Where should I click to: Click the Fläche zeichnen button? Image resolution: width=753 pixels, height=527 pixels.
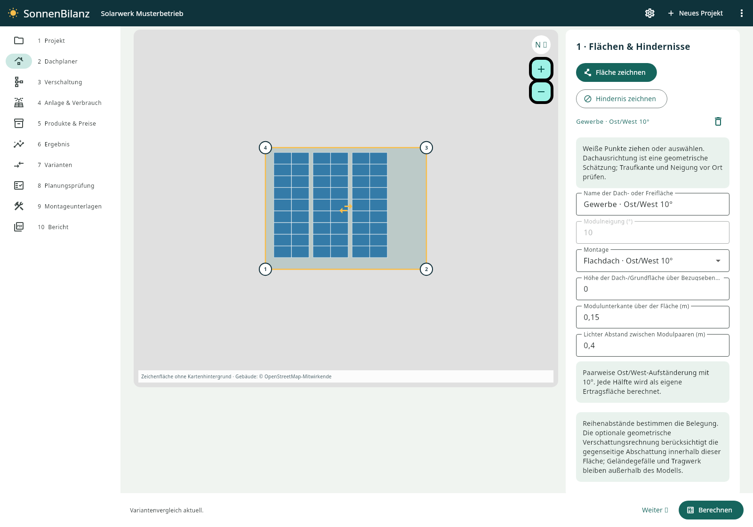point(616,72)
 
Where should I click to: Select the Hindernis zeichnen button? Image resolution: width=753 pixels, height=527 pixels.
point(621,99)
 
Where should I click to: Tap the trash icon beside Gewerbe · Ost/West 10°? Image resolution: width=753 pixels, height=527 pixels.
point(718,121)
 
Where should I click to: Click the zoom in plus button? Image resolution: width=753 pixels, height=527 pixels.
point(541,69)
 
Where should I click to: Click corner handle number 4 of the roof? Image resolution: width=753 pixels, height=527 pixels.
point(265,148)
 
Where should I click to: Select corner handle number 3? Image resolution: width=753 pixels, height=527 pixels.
point(426,148)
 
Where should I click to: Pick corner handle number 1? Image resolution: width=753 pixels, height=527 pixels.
point(265,269)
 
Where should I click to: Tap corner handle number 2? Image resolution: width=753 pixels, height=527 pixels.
point(426,269)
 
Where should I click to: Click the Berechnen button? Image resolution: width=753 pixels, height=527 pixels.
point(711,510)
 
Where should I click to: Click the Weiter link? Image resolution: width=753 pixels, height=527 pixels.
point(655,510)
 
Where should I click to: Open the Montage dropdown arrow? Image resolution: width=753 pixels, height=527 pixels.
point(718,261)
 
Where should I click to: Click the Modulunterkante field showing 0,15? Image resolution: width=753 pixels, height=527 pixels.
point(652,317)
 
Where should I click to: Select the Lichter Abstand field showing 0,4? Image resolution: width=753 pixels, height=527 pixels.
point(652,345)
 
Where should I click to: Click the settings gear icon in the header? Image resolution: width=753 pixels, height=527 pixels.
point(649,13)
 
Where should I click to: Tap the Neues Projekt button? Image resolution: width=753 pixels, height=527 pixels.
point(695,13)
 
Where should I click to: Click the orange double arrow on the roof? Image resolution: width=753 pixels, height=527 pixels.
point(345,208)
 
